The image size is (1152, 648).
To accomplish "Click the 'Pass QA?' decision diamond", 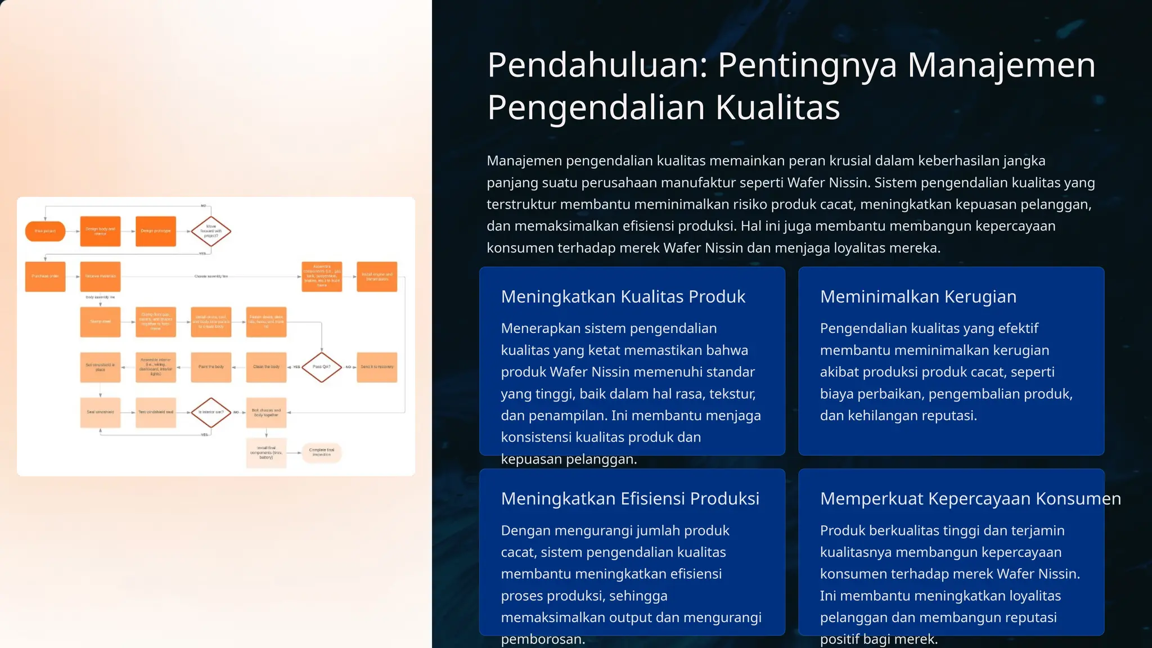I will (322, 367).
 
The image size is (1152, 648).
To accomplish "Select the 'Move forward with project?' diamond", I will (211, 231).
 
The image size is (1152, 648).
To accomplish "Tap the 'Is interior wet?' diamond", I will (211, 412).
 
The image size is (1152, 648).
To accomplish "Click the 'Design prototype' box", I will (156, 231).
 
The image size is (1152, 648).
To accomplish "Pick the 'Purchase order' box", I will (45, 276).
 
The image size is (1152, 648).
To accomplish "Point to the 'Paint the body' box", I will (211, 367).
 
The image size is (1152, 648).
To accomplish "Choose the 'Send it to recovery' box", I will (377, 367).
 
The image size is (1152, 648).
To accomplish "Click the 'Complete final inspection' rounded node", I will (322, 452).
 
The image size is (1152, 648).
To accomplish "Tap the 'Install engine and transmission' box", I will (377, 276).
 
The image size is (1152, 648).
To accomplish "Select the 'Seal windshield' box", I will (100, 412).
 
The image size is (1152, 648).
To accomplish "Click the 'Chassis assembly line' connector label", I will (211, 276).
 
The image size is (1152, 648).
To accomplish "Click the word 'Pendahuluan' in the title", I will (596, 65).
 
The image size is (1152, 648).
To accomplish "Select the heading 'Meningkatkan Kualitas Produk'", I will (623, 296).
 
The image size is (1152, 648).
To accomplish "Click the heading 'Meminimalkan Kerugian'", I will (918, 296).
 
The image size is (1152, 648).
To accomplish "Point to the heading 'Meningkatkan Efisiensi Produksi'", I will (630, 498).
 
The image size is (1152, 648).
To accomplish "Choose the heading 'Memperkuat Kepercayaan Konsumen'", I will (970, 498).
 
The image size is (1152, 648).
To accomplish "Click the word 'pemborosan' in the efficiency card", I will (542, 640).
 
